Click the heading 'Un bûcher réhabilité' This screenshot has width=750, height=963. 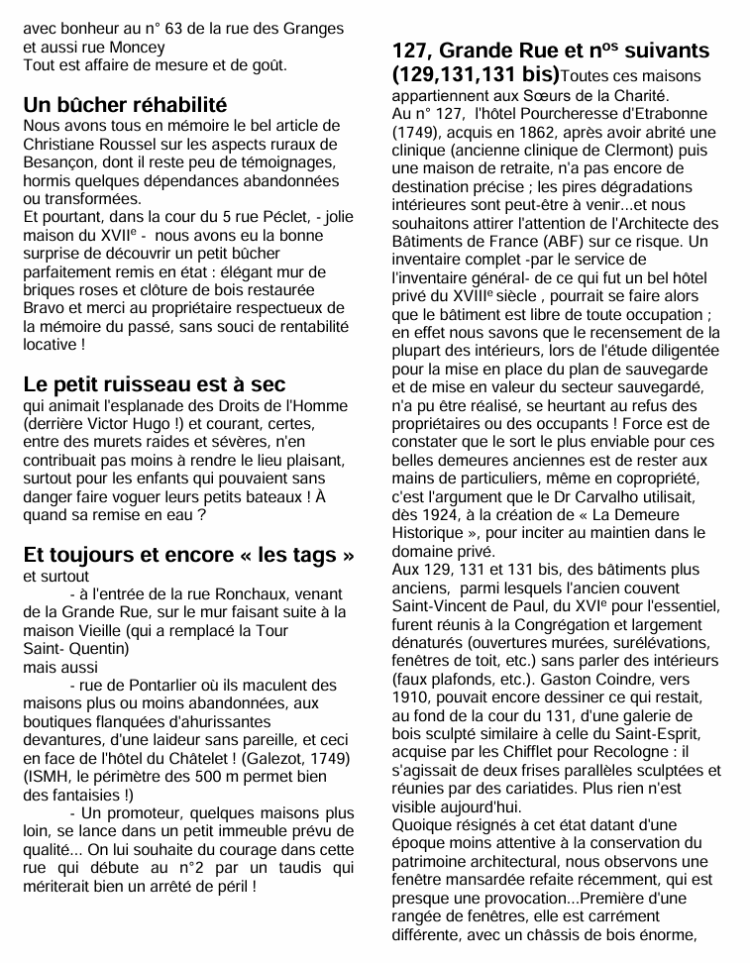[125, 105]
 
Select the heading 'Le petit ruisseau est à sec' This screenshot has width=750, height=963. [154, 384]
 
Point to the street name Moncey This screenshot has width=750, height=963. [136, 46]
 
